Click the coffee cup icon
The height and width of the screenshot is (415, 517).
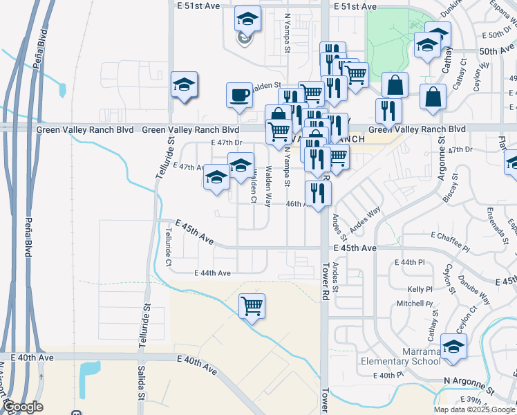(x=240, y=95)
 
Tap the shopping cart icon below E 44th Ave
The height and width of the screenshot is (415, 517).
(x=252, y=305)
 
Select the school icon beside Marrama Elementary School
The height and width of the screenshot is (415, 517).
(x=453, y=346)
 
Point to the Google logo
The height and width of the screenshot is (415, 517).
(x=22, y=407)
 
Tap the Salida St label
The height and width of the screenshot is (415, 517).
(x=141, y=387)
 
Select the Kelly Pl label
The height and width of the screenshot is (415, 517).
(x=420, y=289)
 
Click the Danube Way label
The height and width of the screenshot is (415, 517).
(x=476, y=288)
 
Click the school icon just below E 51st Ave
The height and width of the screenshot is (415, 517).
(x=247, y=19)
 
